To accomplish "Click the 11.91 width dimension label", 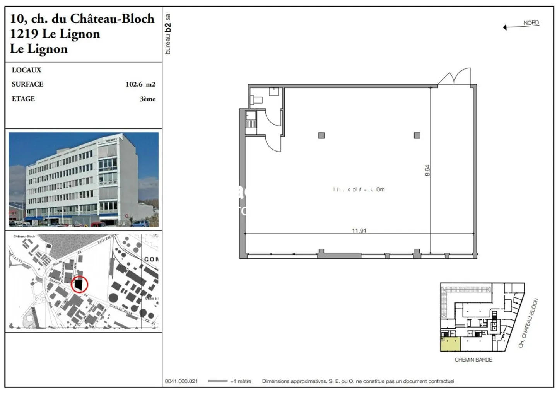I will click(359, 230).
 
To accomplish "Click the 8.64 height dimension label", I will click(427, 171).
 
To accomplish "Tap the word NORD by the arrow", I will click(531, 23).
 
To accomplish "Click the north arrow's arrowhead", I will click(505, 27).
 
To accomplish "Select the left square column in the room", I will click(321, 135).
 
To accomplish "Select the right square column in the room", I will click(417, 135).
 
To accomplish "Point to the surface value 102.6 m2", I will click(140, 84).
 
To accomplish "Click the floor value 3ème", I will click(147, 99).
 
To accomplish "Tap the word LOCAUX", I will click(26, 70).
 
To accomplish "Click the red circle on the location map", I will click(80, 285).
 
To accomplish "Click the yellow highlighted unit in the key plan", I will click(450, 344).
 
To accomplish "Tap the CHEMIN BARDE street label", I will click(473, 360).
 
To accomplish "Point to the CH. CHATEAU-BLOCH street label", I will click(528, 323).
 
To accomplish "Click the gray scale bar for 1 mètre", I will click(217, 381).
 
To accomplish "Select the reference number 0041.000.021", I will click(181, 381).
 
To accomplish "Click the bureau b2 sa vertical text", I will click(167, 34).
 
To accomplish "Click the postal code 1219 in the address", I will click(24, 34).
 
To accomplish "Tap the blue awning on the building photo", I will click(35, 218).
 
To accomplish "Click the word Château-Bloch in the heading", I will click(112, 18).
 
